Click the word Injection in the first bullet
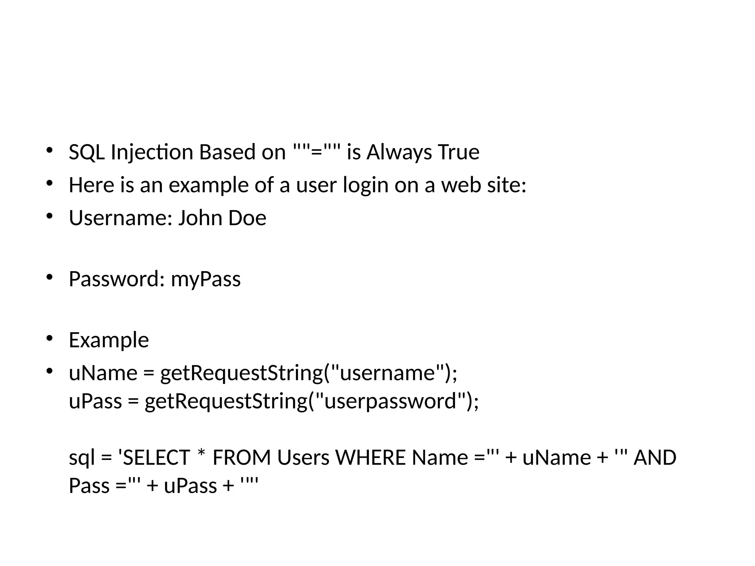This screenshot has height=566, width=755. pyautogui.click(x=152, y=152)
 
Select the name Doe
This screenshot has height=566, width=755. pyautogui.click(x=247, y=218)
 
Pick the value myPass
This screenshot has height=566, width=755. pyautogui.click(x=206, y=279)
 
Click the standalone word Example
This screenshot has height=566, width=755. pyautogui.click(x=109, y=340)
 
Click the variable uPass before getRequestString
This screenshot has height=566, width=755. pyautogui.click(x=95, y=401)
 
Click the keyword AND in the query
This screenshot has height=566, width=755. pyautogui.click(x=655, y=458)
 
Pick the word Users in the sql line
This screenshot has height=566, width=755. pyautogui.click(x=303, y=458)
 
